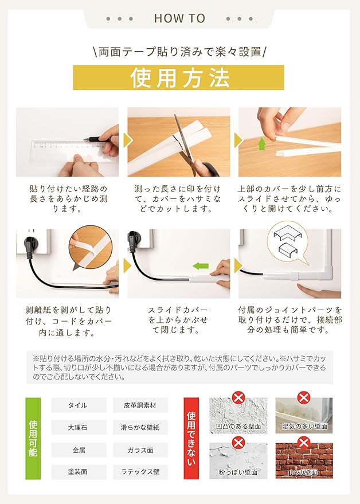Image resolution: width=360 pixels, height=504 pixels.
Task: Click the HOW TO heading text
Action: pyautogui.click(x=179, y=18)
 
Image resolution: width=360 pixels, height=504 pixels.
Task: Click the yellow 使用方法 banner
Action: pyautogui.click(x=179, y=77)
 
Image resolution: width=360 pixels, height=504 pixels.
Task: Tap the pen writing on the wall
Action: pyautogui.click(x=96, y=140)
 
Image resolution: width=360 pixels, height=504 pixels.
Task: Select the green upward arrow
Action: pyautogui.click(x=263, y=144)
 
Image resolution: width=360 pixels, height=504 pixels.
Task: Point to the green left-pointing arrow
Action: pyautogui.click(x=201, y=266)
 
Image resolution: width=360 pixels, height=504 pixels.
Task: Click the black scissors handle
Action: pyautogui.click(x=206, y=167)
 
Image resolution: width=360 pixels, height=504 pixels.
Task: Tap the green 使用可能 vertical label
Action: pyautogui.click(x=33, y=439)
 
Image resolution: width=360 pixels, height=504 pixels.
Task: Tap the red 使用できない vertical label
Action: pyautogui.click(x=191, y=439)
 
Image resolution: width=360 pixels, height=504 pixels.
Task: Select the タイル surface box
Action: pyautogui.click(x=79, y=405)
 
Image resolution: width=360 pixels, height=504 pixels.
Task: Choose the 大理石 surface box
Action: pyautogui.click(x=79, y=428)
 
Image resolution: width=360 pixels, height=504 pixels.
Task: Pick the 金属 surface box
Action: pyautogui.click(x=79, y=450)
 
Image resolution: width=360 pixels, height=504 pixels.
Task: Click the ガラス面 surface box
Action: pyautogui.click(x=140, y=450)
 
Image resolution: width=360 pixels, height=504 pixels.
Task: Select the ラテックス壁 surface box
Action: pyautogui.click(x=140, y=472)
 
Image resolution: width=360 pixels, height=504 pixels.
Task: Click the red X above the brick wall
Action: pyautogui.click(x=303, y=443)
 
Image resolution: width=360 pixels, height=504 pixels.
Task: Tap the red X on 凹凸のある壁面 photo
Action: pyautogui.click(x=238, y=398)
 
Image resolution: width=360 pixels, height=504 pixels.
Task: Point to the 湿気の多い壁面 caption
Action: pyautogui.click(x=305, y=427)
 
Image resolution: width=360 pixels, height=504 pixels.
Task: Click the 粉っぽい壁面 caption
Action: pyautogui.click(x=238, y=472)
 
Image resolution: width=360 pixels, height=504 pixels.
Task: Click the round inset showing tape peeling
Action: pyautogui.click(x=91, y=247)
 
